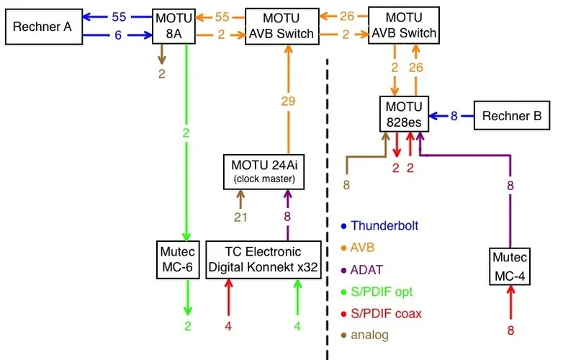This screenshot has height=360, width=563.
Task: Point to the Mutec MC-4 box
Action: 510,266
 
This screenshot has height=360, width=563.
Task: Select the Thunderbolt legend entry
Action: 384,226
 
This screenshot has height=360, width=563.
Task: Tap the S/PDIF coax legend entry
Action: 385,314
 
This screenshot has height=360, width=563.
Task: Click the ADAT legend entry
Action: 367,270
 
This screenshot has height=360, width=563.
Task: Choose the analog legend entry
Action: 369,335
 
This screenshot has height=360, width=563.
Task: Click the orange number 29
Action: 288,102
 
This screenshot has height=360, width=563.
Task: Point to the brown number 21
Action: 241,216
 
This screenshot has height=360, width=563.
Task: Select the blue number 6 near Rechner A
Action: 117,35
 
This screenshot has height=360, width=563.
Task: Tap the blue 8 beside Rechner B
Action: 454,115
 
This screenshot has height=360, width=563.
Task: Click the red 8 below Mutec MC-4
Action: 511,331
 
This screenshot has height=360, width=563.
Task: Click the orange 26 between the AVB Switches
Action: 346,17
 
